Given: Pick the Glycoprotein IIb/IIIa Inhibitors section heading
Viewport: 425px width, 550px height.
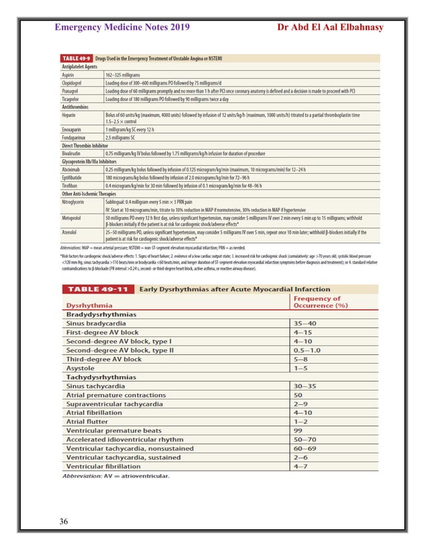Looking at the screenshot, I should tap(94, 160).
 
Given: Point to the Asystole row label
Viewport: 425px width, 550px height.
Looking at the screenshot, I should tap(83, 368).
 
